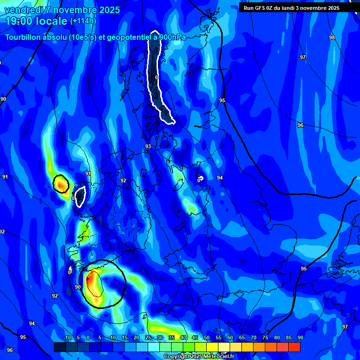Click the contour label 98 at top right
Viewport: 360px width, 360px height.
(x=332, y=37)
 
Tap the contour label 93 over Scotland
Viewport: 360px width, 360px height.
(x=148, y=147)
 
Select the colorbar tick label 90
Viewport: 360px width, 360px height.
(x=300, y=337)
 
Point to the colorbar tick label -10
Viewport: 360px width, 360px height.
(x=67, y=337)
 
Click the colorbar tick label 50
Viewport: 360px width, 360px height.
(x=207, y=337)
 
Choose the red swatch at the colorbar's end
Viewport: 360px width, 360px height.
(x=294, y=347)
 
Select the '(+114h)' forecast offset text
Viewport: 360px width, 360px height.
(x=83, y=21)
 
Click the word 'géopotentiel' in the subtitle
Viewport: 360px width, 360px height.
(x=128, y=37)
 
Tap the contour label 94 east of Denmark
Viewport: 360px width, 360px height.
(x=220, y=178)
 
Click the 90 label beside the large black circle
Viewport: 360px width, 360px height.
(x=78, y=287)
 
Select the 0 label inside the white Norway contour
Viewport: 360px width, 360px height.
(x=157, y=77)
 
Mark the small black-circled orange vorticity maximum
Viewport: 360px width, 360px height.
(x=61, y=184)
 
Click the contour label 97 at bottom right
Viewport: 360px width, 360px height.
(x=345, y=327)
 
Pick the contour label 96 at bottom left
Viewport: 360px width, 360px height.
(x=10, y=350)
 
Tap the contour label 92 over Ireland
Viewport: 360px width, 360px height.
(x=123, y=180)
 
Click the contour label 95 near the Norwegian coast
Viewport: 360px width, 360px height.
(x=222, y=101)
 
